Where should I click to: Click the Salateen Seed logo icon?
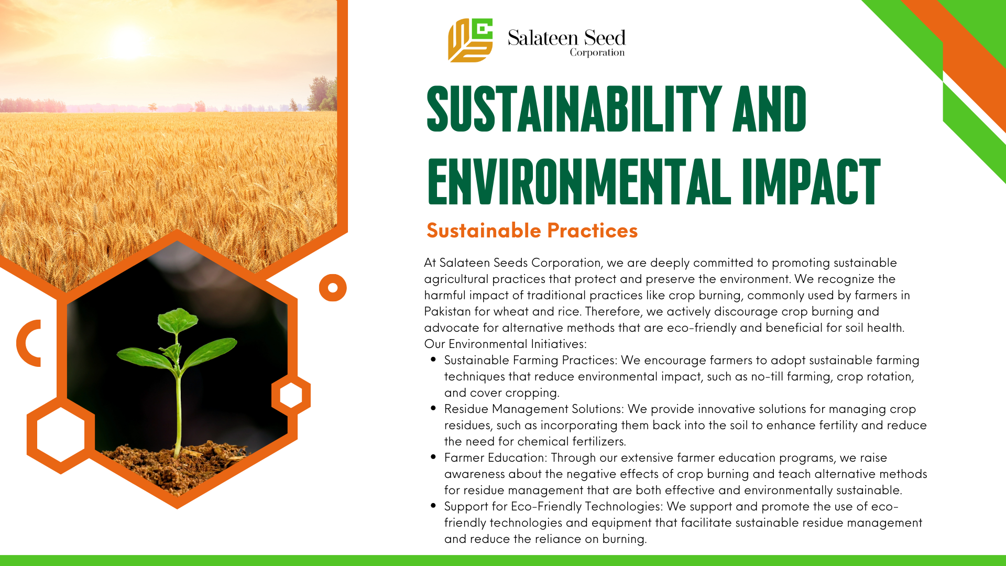pos(470,40)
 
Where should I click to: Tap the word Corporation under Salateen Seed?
pos(597,52)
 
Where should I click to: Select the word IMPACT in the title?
pos(811,181)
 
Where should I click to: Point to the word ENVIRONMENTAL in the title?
pos(579,181)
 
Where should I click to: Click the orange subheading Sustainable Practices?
pos(532,231)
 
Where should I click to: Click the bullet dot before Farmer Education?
pos(433,457)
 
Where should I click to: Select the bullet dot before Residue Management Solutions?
pos(433,408)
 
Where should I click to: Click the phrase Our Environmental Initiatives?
pos(505,344)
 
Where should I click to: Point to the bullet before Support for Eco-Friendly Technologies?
pos(433,506)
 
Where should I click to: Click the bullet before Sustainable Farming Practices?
pos(433,360)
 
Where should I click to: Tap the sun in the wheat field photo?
pos(127,43)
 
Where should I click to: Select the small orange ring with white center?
pos(333,288)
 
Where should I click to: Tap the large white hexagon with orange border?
pos(61,434)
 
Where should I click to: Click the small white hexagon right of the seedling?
pos(291,395)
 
